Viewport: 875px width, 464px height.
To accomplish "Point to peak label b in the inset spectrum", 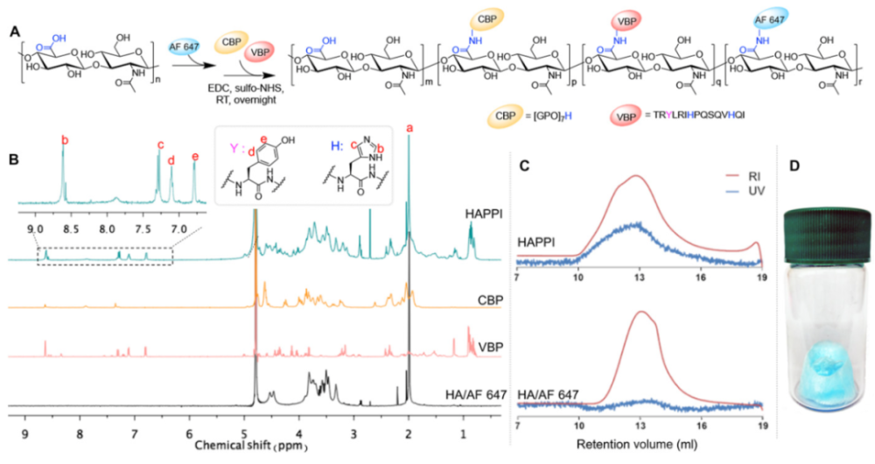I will click(x=64, y=138).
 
